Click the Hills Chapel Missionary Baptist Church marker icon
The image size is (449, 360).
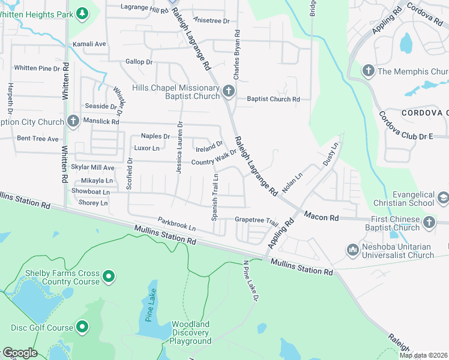click(x=228, y=91)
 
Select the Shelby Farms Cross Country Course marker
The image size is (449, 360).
click(x=108, y=277)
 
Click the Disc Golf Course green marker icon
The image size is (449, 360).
click(x=82, y=328)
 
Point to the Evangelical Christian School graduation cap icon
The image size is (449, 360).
click(x=443, y=198)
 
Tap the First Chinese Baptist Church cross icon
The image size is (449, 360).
click(x=429, y=223)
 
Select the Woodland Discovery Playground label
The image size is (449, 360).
click(x=190, y=333)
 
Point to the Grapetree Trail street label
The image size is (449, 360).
click(x=257, y=220)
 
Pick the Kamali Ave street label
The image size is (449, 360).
click(x=89, y=44)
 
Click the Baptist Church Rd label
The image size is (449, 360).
click(x=273, y=99)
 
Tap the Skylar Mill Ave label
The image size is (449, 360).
click(x=92, y=167)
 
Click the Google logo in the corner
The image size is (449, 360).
click(x=19, y=353)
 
